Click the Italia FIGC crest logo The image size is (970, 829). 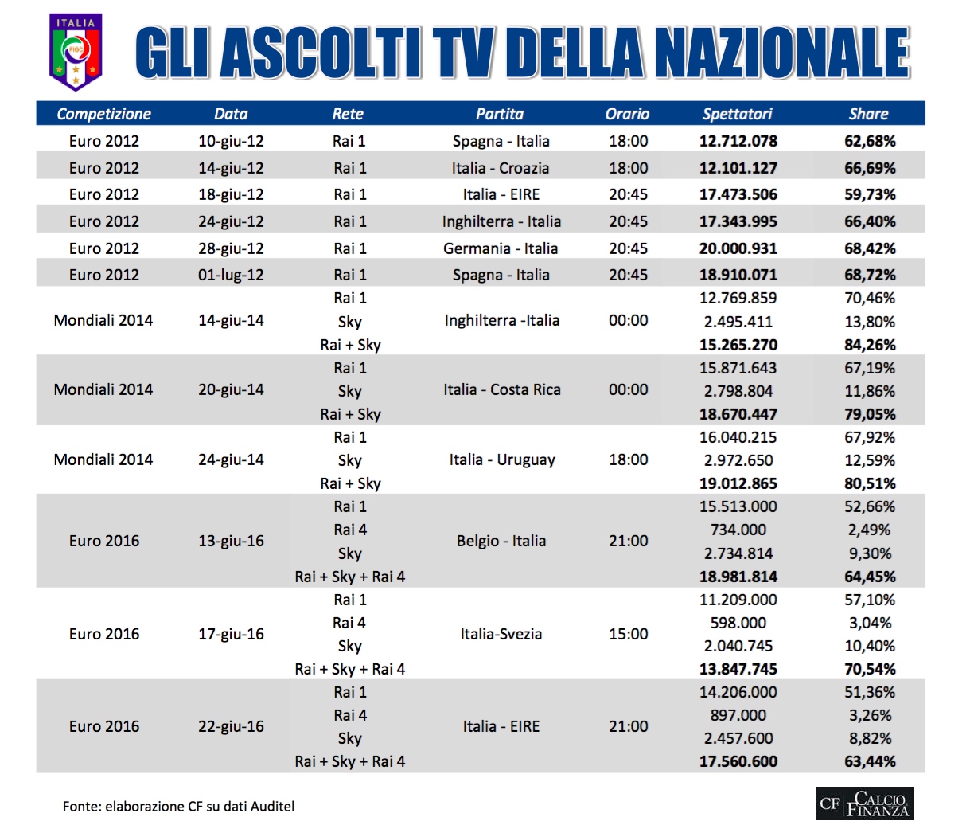(x=76, y=52)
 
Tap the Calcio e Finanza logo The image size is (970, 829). (x=864, y=804)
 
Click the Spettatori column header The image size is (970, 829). (x=737, y=114)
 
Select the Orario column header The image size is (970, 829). (x=627, y=114)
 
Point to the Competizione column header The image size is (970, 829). (x=103, y=114)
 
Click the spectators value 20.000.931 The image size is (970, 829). (x=738, y=248)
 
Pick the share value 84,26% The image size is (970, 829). (x=869, y=345)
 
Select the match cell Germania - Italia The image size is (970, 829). (x=501, y=248)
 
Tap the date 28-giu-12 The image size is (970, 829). (x=231, y=248)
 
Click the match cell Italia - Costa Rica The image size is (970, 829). (x=501, y=389)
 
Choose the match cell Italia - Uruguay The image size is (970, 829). (x=501, y=459)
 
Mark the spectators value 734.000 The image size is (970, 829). (x=738, y=530)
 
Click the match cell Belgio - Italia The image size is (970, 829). (x=501, y=541)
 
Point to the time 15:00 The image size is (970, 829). (x=628, y=634)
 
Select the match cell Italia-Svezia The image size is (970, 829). (x=501, y=634)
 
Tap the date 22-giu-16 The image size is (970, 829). (x=231, y=726)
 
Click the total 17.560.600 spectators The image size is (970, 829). (x=738, y=761)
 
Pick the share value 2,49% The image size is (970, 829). (x=869, y=530)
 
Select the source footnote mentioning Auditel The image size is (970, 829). (x=178, y=806)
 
